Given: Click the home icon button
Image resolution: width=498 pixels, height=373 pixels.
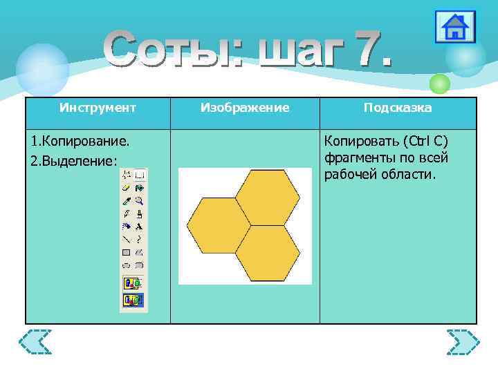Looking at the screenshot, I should click(454, 28).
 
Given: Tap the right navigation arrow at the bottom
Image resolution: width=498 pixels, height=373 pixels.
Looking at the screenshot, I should click(463, 342).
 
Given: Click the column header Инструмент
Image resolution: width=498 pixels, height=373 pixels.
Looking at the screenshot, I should click(98, 108).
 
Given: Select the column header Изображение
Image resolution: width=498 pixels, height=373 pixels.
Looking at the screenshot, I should click(245, 108).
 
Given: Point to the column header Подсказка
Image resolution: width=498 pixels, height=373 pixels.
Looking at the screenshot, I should click(398, 108).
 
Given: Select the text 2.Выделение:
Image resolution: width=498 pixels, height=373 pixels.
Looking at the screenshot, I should click(74, 160).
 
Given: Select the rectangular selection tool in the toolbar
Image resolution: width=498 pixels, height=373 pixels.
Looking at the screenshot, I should click(139, 175).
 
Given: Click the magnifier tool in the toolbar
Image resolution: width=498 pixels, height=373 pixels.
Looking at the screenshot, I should click(139, 200).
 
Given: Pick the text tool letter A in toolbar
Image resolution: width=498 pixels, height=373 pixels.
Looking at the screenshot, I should click(139, 226).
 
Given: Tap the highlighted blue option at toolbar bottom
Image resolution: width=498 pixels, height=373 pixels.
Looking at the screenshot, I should click(133, 300).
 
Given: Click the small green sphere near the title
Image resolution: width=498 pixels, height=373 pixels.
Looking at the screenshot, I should click(439, 84).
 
